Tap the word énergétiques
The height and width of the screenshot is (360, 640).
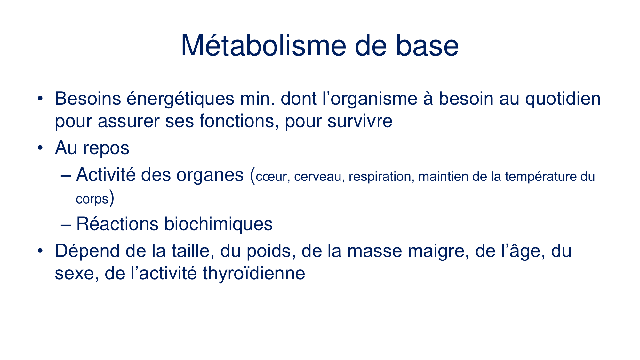pos(180,99)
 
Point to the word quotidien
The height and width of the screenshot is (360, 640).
pos(563,99)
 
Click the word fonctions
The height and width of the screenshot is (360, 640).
pos(238,121)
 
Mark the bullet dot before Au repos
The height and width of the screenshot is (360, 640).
pos(40,148)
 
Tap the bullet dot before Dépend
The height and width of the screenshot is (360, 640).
pos(40,251)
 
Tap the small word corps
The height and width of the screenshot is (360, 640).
pos(92,199)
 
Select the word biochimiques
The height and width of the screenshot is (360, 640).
pos(218,224)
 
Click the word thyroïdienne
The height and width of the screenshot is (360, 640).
pos(254,273)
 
